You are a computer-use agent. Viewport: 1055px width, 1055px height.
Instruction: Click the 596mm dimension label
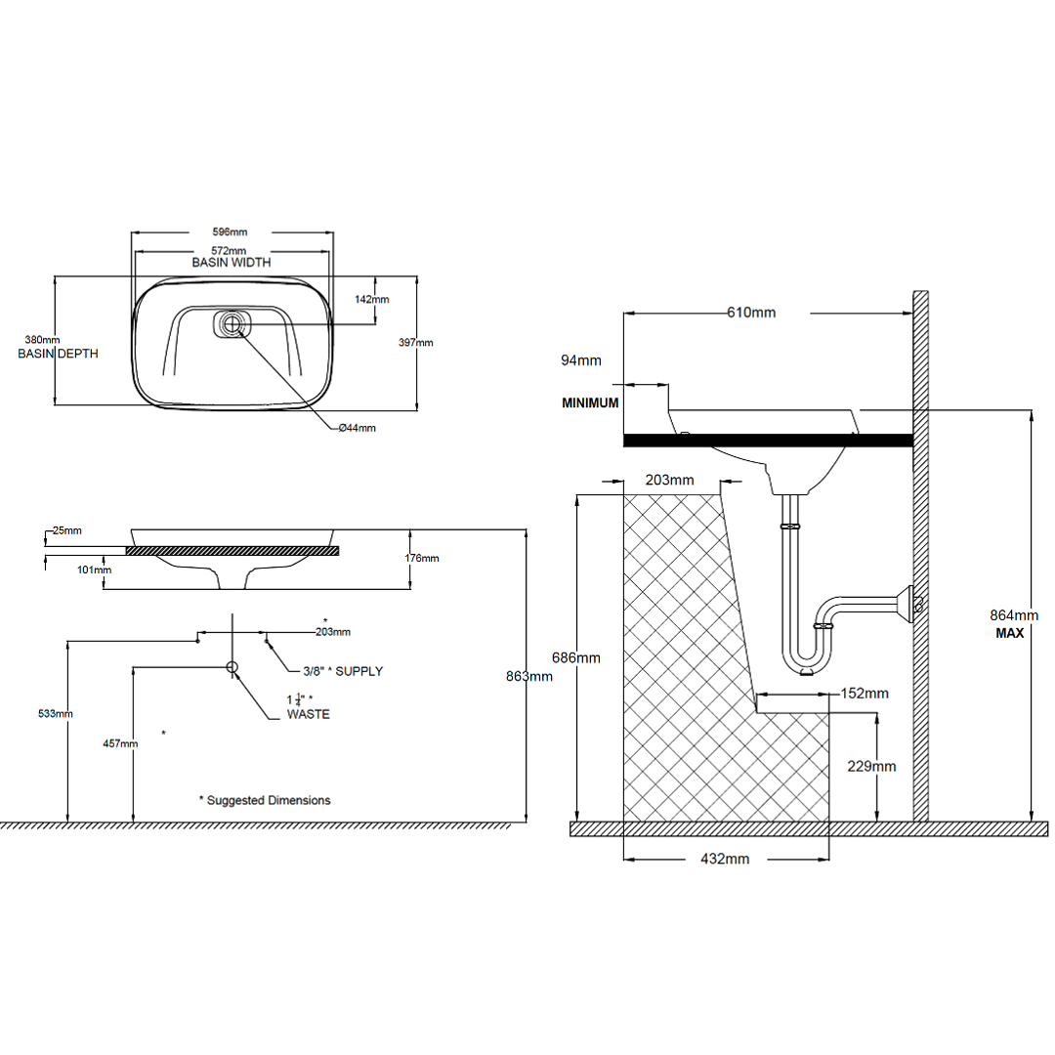pos(231,232)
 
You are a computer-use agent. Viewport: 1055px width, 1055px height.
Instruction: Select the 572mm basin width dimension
pos(231,251)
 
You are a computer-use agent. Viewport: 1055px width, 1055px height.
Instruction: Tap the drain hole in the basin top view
pos(232,324)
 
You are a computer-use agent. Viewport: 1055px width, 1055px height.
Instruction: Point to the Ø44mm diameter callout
pos(357,428)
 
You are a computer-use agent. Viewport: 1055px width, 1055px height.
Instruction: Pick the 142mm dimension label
pos(372,300)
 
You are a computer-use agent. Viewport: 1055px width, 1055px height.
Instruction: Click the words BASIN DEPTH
pos(59,354)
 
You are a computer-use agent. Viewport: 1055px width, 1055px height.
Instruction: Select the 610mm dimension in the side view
pos(752,313)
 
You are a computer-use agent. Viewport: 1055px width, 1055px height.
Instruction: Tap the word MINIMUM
pos(590,402)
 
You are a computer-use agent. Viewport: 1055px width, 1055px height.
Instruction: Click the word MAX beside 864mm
pos(1011,633)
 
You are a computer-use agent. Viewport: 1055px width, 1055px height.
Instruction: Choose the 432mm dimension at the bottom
pos(725,860)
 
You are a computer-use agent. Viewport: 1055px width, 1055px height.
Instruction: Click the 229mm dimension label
pos(872,766)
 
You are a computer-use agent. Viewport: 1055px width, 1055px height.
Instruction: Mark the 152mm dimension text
pos(865,694)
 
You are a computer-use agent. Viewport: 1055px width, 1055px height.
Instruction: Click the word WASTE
pos(308,714)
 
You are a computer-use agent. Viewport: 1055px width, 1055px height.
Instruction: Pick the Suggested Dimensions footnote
pos(265,800)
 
